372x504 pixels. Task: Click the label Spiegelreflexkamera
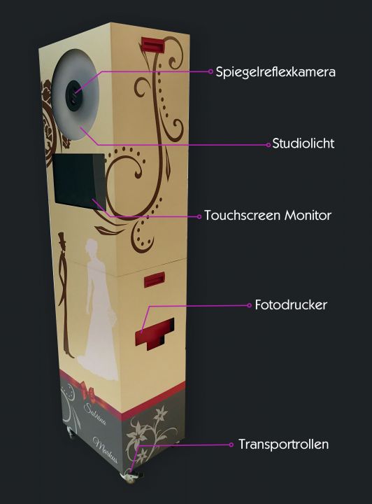coord(276,72)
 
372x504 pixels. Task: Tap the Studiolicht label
coord(303,143)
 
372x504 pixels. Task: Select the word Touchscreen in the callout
coord(243,215)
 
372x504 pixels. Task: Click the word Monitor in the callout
coord(308,215)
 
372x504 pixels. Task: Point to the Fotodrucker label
coord(291,304)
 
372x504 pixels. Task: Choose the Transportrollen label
coord(284,444)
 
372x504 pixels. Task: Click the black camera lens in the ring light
coord(74,95)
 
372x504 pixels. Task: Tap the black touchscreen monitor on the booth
coord(79,181)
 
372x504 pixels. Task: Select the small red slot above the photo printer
coord(154,279)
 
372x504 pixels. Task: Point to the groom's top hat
coord(62,238)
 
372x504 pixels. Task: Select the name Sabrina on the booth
coord(95,414)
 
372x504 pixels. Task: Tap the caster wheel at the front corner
coord(131,477)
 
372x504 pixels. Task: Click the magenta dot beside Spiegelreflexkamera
coord(210,71)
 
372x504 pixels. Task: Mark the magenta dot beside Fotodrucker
coord(250,305)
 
